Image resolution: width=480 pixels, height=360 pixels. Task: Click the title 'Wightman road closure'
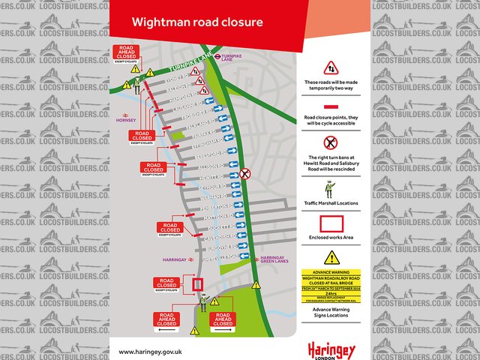[197, 22]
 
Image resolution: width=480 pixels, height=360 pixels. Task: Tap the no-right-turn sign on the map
[245, 174]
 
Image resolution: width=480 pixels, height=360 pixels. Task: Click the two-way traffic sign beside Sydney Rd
[194, 71]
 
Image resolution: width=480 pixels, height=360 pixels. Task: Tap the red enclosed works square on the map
[198, 284]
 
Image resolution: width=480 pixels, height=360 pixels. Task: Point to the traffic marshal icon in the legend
[330, 187]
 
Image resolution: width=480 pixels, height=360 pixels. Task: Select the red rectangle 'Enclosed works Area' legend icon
[331, 224]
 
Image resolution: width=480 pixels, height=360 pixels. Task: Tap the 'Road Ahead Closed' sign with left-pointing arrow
[167, 321]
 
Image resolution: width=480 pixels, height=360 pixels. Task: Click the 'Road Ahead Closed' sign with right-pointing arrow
[222, 321]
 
